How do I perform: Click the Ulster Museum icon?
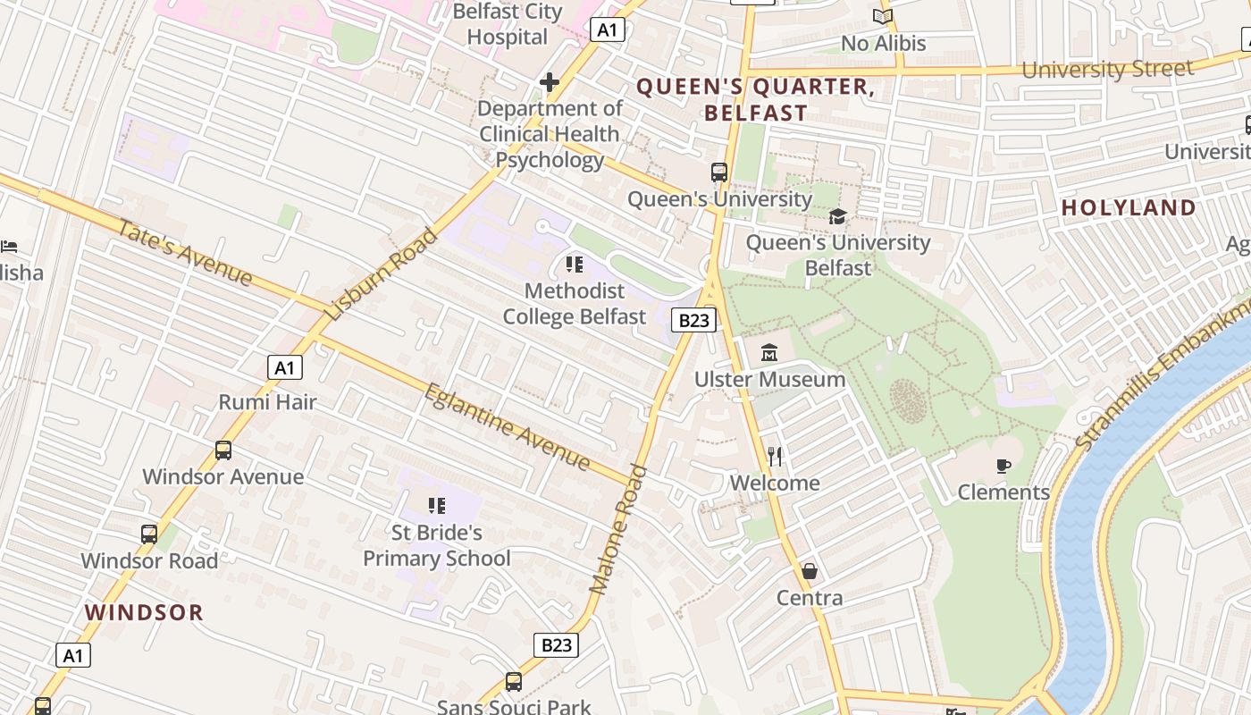(769, 353)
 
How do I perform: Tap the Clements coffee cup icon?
(1003, 466)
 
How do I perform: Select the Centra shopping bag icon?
(810, 570)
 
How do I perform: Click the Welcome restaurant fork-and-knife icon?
(775, 457)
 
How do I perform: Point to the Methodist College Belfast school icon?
(574, 265)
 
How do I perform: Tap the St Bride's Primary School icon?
(436, 506)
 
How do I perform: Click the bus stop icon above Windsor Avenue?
(223, 450)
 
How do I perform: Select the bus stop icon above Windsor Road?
(149, 534)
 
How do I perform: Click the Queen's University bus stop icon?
(719, 172)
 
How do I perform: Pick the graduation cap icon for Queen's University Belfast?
(837, 216)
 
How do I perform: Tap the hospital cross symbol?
(550, 83)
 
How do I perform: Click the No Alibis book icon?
(883, 16)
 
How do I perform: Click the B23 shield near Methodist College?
(694, 320)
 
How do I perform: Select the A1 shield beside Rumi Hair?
(284, 367)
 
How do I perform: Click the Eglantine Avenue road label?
(507, 426)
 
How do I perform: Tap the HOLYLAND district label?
(1129, 207)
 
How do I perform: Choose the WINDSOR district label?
(144, 612)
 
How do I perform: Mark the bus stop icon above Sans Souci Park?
(514, 682)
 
